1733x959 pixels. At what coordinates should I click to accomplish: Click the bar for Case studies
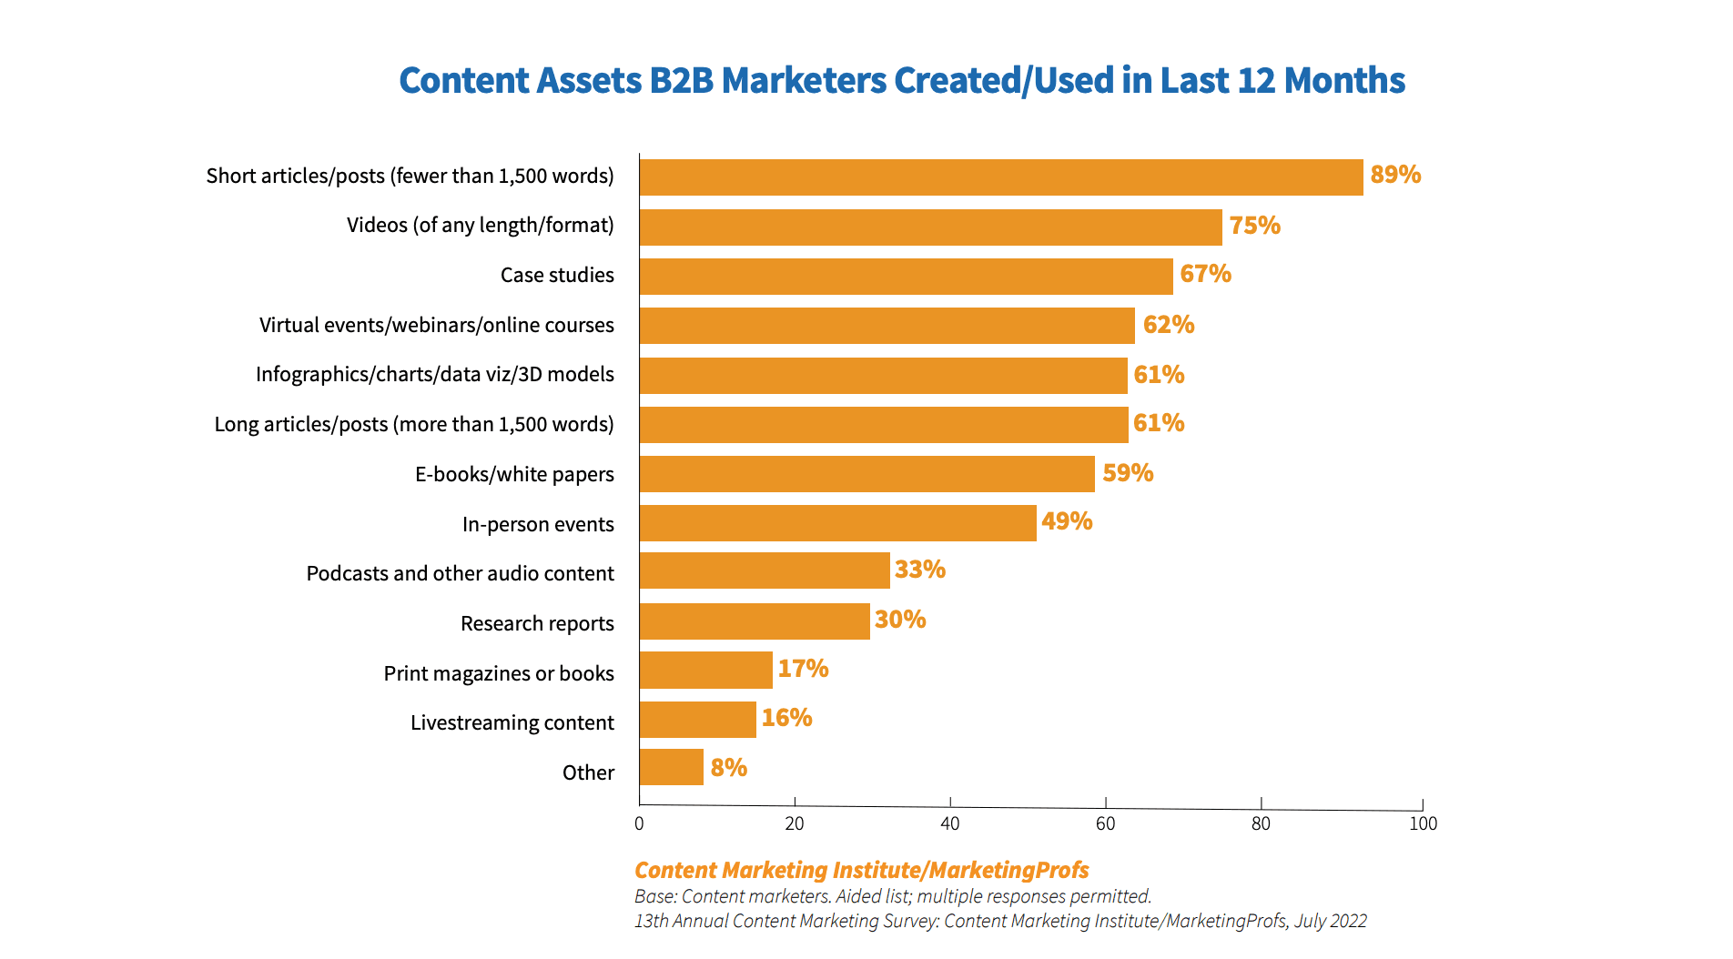tap(906, 277)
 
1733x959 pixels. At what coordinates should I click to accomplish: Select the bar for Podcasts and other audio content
tap(765, 570)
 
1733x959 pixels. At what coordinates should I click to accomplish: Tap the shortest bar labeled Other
tap(671, 767)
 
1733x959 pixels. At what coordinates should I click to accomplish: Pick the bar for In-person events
tap(837, 523)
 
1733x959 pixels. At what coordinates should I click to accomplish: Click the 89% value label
tap(1394, 175)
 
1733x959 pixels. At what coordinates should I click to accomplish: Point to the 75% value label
tap(1254, 226)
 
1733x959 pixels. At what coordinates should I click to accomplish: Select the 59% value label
tap(1127, 473)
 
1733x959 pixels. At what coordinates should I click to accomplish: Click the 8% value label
tap(728, 768)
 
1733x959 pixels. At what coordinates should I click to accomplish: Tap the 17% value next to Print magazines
tap(803, 669)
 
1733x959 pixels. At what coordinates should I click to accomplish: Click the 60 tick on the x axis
tap(1105, 823)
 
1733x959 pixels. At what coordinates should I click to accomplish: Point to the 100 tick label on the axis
tap(1423, 823)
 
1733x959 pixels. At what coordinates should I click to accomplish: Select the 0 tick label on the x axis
tap(639, 823)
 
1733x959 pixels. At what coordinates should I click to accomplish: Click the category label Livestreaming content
tap(512, 722)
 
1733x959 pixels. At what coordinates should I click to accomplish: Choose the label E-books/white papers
tap(514, 474)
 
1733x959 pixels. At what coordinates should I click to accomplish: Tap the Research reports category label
tap(537, 623)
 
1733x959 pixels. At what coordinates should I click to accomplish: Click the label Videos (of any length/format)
tap(480, 225)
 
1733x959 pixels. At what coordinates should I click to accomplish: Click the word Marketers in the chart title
tap(804, 80)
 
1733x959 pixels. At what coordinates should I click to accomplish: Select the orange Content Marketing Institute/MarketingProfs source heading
tap(861, 870)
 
